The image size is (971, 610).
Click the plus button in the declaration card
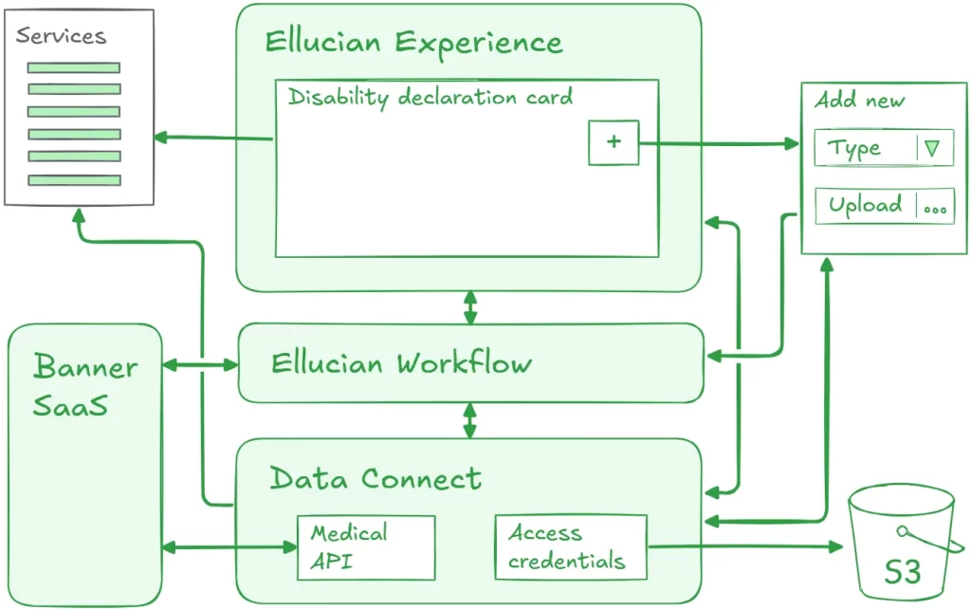tap(614, 142)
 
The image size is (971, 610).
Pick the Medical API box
tap(366, 547)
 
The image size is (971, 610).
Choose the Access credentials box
tap(570, 547)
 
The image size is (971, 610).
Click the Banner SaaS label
tap(84, 385)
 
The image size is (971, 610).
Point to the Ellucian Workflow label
tap(401, 363)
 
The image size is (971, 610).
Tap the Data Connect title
tap(376, 478)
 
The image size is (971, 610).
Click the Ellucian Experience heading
tap(413, 43)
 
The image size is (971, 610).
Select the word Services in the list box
tap(61, 37)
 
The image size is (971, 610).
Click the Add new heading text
tap(860, 100)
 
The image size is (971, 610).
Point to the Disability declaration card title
tap(431, 97)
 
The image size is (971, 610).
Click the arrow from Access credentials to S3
tap(745, 546)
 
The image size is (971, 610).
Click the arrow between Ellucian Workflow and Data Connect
tap(469, 420)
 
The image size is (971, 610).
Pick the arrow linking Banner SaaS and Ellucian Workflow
tap(200, 363)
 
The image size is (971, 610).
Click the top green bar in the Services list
tap(74, 67)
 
